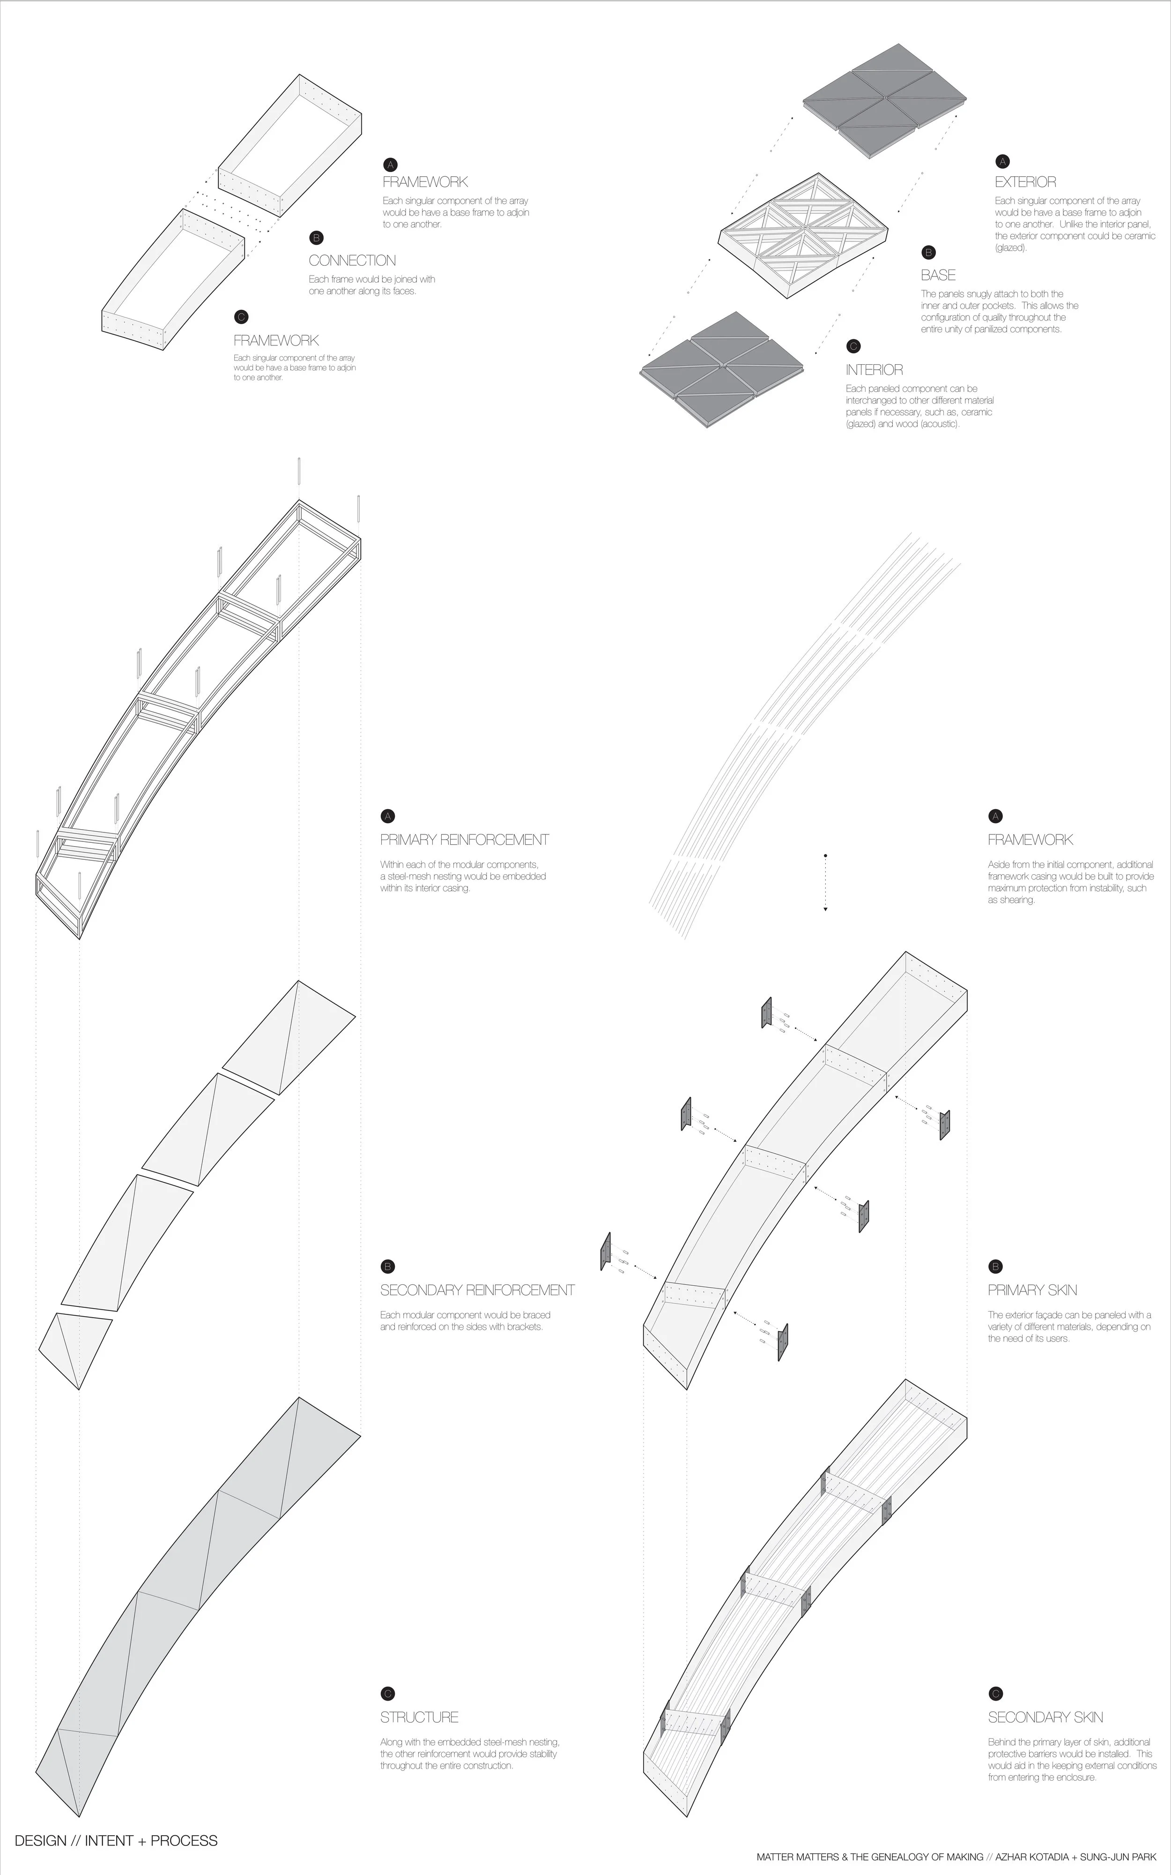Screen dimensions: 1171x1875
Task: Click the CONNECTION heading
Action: pyautogui.click(x=352, y=261)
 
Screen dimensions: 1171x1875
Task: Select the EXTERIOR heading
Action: pyautogui.click(x=1025, y=182)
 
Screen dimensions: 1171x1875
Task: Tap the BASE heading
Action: pyautogui.click(x=938, y=275)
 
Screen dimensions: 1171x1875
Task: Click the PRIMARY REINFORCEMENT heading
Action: pyautogui.click(x=464, y=840)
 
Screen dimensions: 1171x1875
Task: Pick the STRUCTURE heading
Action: pyautogui.click(x=419, y=1717)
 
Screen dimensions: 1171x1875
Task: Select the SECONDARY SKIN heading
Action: pyautogui.click(x=1045, y=1717)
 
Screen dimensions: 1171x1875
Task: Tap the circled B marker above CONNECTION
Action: pyautogui.click(x=316, y=238)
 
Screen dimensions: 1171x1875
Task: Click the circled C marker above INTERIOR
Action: pyautogui.click(x=853, y=346)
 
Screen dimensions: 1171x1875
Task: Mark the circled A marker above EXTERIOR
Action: pyautogui.click(x=1002, y=162)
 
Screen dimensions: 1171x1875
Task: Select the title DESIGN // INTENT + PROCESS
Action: pyautogui.click(x=116, y=1840)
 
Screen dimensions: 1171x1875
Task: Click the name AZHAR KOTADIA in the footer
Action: pyautogui.click(x=1030, y=1857)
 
